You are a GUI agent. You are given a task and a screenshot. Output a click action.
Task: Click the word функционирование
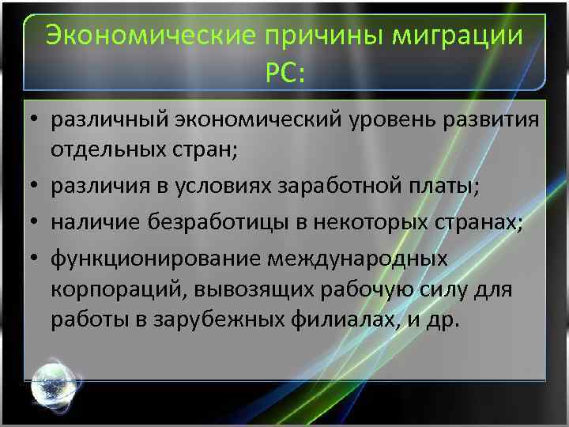155,259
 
